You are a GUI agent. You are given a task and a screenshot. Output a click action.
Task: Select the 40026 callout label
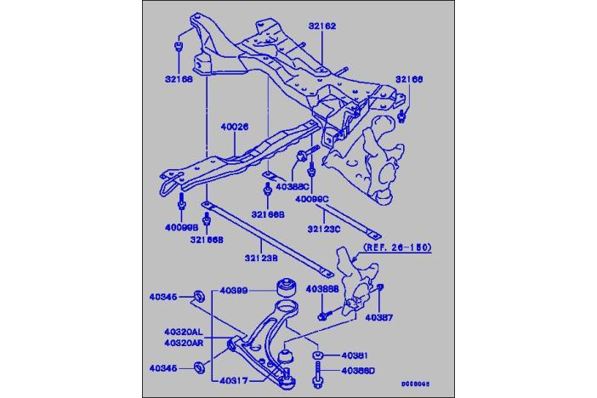click(234, 128)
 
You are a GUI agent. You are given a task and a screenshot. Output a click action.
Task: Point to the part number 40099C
click(311, 198)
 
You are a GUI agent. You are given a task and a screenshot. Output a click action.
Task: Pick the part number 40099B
click(180, 228)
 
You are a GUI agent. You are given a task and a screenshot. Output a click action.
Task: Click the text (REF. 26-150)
click(397, 248)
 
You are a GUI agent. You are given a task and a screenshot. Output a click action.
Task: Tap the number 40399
click(231, 292)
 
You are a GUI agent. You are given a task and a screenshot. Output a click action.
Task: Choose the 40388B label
click(322, 289)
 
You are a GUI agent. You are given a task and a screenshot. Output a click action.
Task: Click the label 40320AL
click(184, 332)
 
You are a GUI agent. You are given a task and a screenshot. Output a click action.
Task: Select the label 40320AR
click(184, 343)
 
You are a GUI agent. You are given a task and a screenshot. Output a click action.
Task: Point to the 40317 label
click(233, 380)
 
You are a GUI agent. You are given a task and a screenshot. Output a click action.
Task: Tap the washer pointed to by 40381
click(316, 355)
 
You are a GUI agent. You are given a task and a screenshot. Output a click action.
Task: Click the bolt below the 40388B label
click(323, 316)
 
